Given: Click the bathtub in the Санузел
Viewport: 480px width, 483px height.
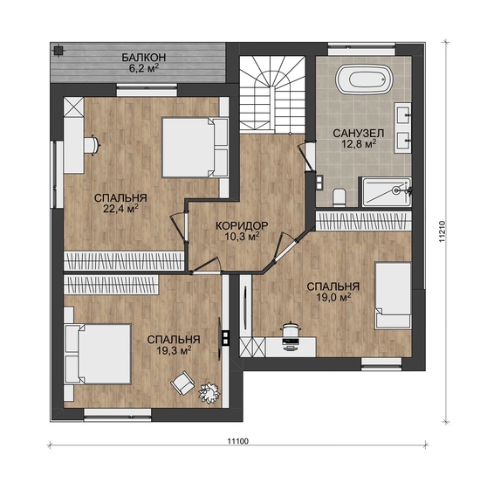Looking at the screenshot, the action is click(364, 79).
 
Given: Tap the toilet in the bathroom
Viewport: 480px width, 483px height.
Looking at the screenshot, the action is click(339, 197).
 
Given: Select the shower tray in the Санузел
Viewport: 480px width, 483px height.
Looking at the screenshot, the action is click(386, 192).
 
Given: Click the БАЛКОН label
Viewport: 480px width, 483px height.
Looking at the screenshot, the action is click(144, 58).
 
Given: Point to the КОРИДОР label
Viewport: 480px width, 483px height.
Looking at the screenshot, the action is click(242, 226).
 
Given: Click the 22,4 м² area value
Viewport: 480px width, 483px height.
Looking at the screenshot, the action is click(120, 209).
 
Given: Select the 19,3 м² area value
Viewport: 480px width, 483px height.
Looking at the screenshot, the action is click(174, 350).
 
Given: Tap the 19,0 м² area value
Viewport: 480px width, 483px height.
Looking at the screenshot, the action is click(333, 297).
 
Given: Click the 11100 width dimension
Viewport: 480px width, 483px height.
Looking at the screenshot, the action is click(238, 441).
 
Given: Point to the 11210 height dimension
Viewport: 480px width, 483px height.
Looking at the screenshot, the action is click(442, 231).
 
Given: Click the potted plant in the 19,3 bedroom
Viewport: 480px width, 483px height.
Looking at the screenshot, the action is click(209, 392).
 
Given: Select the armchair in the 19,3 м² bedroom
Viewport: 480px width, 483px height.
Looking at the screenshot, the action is click(182, 383).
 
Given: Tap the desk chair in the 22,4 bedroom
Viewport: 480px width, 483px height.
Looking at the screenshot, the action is click(93, 145).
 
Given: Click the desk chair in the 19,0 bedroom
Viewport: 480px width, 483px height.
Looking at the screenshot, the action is click(290, 329).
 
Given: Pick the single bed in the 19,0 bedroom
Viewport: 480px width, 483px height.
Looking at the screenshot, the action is click(394, 296).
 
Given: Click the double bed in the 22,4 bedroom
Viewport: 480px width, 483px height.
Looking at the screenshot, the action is click(195, 148).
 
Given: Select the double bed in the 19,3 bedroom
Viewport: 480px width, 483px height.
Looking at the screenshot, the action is click(98, 354).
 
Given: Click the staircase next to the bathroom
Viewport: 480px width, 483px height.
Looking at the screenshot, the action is click(272, 94).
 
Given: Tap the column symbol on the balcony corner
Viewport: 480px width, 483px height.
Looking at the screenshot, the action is click(58, 51).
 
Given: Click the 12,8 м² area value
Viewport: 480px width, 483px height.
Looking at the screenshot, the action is click(359, 144).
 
